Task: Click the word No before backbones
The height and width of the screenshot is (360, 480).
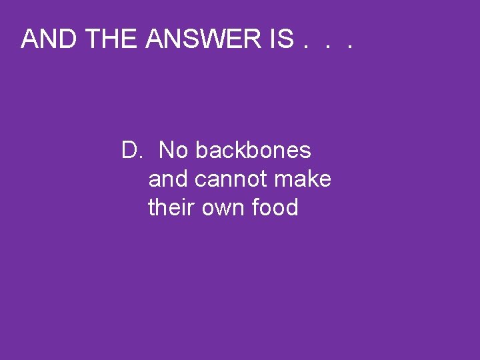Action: coord(173,151)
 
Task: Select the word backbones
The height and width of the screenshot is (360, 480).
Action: coord(253,151)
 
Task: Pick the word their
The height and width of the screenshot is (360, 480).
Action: coord(167,208)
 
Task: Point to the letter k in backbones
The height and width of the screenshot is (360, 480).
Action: coord(242,151)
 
